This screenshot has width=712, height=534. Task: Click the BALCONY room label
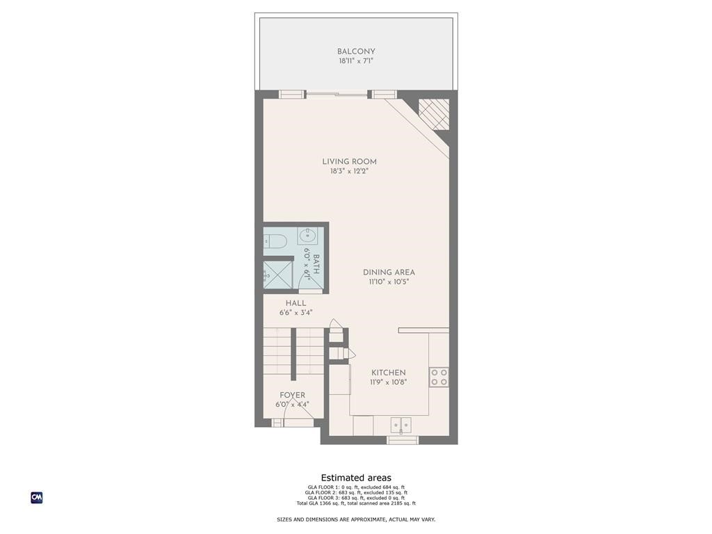click(x=356, y=51)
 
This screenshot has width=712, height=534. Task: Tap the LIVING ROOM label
click(x=349, y=162)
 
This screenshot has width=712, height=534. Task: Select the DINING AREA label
click(x=389, y=273)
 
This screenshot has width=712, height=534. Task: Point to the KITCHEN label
click(x=388, y=373)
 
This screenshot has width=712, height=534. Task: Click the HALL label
click(x=296, y=303)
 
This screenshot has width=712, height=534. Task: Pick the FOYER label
click(x=292, y=395)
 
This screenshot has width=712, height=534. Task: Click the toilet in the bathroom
click(x=276, y=241)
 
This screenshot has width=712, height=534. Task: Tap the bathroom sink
click(x=308, y=236)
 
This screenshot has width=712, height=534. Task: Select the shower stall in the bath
click(x=277, y=274)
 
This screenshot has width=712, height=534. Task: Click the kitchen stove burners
click(x=439, y=378)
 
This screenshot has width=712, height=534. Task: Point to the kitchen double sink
click(x=400, y=425)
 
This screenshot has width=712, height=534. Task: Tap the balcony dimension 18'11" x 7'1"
click(x=356, y=61)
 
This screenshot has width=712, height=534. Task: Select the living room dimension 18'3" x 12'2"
click(x=349, y=171)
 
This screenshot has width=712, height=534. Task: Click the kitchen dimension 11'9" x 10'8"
click(x=388, y=382)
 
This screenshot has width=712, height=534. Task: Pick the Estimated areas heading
click(x=356, y=478)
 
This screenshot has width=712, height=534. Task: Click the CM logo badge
click(x=37, y=498)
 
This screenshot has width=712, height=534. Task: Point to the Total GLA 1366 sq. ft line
click(x=356, y=503)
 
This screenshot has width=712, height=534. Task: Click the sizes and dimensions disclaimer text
click(x=356, y=519)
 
